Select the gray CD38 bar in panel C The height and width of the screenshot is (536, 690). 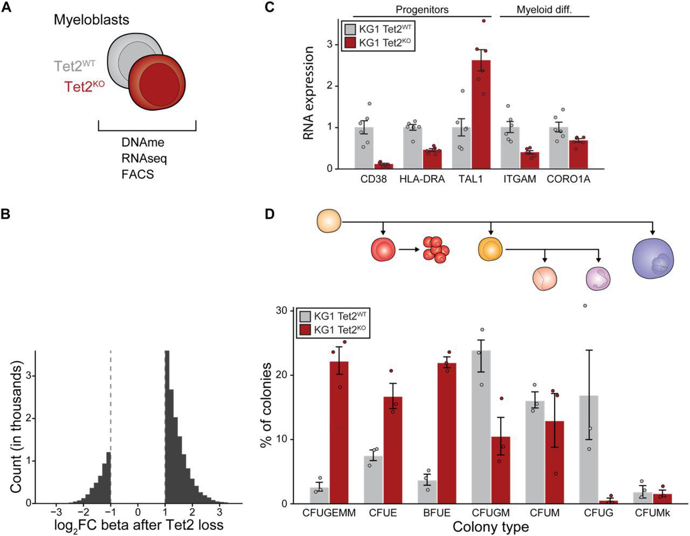364,148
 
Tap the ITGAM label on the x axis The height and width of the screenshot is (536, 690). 520,179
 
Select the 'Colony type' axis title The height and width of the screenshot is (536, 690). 491,526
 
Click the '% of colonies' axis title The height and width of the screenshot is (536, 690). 266,406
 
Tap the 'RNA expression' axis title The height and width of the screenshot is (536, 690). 309,93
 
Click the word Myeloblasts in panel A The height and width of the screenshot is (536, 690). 91,20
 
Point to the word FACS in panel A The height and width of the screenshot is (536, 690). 137,174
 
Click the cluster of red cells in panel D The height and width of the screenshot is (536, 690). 436,249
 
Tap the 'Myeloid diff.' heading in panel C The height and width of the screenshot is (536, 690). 544,10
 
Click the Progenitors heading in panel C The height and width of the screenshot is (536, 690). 422,10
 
